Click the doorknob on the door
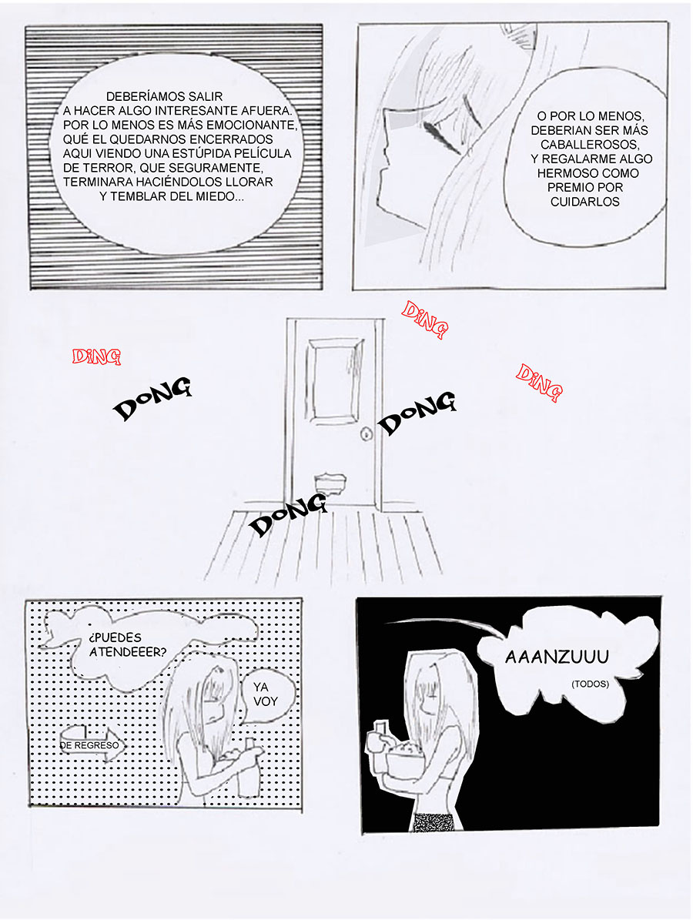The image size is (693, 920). click(367, 435)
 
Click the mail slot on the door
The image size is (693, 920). click(329, 482)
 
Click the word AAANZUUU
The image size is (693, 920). click(557, 657)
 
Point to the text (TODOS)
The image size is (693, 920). click(591, 684)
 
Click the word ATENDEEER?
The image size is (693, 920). click(128, 652)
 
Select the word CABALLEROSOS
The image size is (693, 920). click(589, 144)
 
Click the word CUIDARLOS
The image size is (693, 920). click(584, 201)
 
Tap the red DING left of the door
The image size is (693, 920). click(96, 356)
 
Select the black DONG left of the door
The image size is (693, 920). click(152, 398)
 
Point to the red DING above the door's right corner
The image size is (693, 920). click(424, 319)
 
